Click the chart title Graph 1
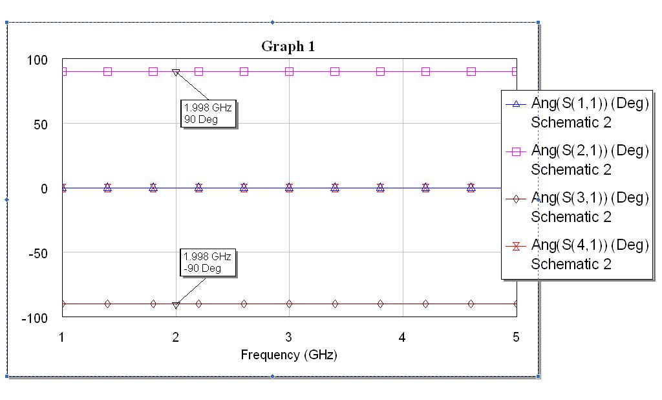click(288, 46)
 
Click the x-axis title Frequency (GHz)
click(289, 355)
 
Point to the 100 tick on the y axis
click(37, 60)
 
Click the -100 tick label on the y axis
click(36, 318)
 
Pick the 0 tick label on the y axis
click(45, 189)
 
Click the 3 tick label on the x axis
click(289, 337)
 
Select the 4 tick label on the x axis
click(402, 337)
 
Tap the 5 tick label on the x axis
click(515, 337)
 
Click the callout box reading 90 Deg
click(208, 113)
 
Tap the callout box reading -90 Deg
click(208, 262)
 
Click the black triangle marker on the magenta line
click(176, 72)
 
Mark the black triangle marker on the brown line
click(176, 305)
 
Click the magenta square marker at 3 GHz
click(289, 71)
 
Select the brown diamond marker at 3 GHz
click(289, 304)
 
